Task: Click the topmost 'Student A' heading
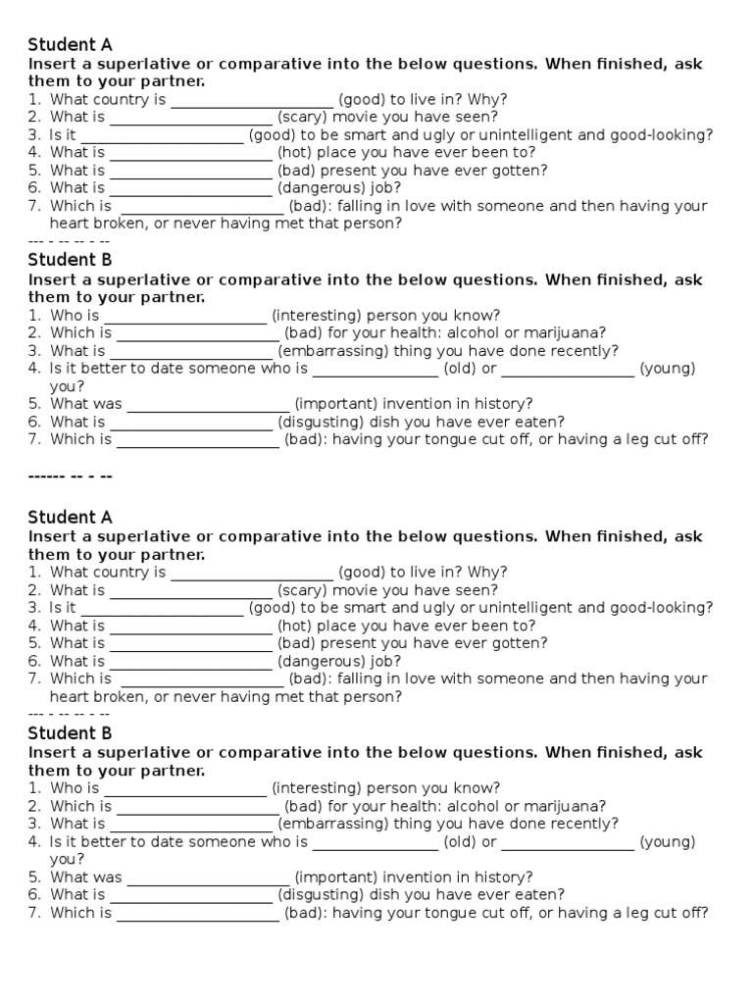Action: pos(70,44)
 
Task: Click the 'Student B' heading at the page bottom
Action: pos(70,732)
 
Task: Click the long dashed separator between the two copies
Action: pos(72,476)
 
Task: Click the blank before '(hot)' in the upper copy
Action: pos(190,153)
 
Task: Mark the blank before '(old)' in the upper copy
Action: pos(375,369)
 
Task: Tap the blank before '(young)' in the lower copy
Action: pos(568,841)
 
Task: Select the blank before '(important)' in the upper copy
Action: pos(208,404)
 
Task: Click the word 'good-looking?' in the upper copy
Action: pos(662,134)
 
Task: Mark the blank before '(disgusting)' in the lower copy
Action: pos(190,895)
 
